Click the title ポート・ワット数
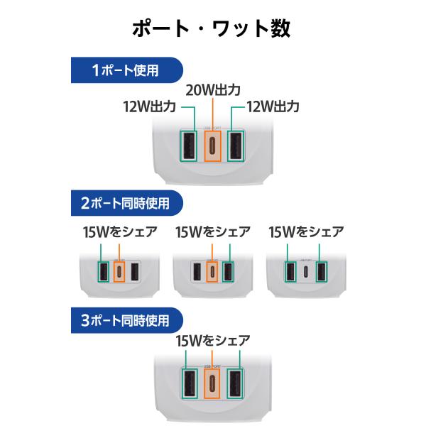tap(212, 28)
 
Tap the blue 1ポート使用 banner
tap(127, 70)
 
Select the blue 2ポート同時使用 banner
tap(127, 203)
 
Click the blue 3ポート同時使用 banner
tap(127, 320)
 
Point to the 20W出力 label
tap(213, 90)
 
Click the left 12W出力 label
tap(150, 106)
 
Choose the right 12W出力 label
tap(273, 106)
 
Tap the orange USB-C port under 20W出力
tap(212, 146)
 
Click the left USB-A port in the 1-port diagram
tap(189, 146)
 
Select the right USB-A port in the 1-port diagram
tap(236, 146)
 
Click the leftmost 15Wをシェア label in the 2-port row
tap(120, 232)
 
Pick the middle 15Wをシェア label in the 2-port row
tap(213, 232)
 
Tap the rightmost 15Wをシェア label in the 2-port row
tap(307, 232)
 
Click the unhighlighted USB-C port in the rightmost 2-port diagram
tap(305, 272)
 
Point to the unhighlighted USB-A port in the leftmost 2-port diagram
tap(136, 272)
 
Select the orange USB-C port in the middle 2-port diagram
tap(212, 272)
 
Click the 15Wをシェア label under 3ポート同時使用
tap(213, 341)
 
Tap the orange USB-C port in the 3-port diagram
tap(212, 383)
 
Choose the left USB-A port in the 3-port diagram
tap(189, 383)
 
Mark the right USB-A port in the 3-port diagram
tap(235, 383)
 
